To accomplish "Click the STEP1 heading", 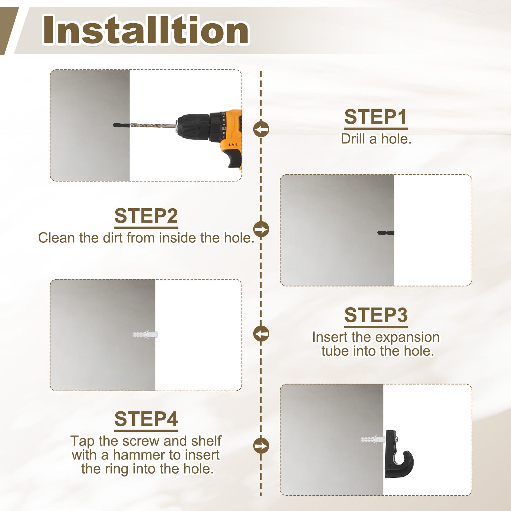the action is [x=376, y=117].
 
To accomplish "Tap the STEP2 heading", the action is [x=146, y=216].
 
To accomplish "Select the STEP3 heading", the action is [x=376, y=315].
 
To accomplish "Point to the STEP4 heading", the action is [x=146, y=419].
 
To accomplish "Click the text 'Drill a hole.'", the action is [x=376, y=139].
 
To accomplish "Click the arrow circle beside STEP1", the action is [x=261, y=129].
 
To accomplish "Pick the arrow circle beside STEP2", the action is [x=261, y=229].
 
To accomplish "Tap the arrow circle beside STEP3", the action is [x=261, y=334].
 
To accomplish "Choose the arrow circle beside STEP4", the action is [x=261, y=446].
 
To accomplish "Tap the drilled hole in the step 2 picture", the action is [x=386, y=233].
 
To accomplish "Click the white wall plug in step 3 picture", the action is [x=145, y=335].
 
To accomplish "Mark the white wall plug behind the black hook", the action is [x=373, y=439].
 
